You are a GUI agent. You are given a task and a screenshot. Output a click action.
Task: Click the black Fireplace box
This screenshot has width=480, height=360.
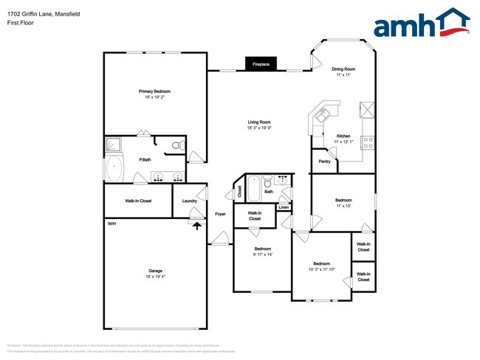click(261, 64)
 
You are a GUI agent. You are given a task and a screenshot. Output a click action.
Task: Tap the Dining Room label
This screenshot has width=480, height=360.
click(343, 70)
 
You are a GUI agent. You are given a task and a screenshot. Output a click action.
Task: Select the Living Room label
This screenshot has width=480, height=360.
click(258, 122)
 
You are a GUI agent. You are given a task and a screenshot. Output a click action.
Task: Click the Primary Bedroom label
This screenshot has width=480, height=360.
click(154, 91)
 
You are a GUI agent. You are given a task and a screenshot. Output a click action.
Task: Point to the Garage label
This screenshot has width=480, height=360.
click(154, 271)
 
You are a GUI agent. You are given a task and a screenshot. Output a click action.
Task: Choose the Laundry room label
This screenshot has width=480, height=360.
click(189, 201)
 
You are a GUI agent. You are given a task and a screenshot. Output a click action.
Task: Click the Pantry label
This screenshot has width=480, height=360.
click(324, 161)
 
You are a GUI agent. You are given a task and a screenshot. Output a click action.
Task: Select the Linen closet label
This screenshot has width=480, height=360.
click(284, 207)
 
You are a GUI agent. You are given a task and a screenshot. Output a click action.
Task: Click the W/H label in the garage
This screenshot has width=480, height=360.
click(112, 224)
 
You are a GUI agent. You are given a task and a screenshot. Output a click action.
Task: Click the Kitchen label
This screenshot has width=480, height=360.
click(343, 136)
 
